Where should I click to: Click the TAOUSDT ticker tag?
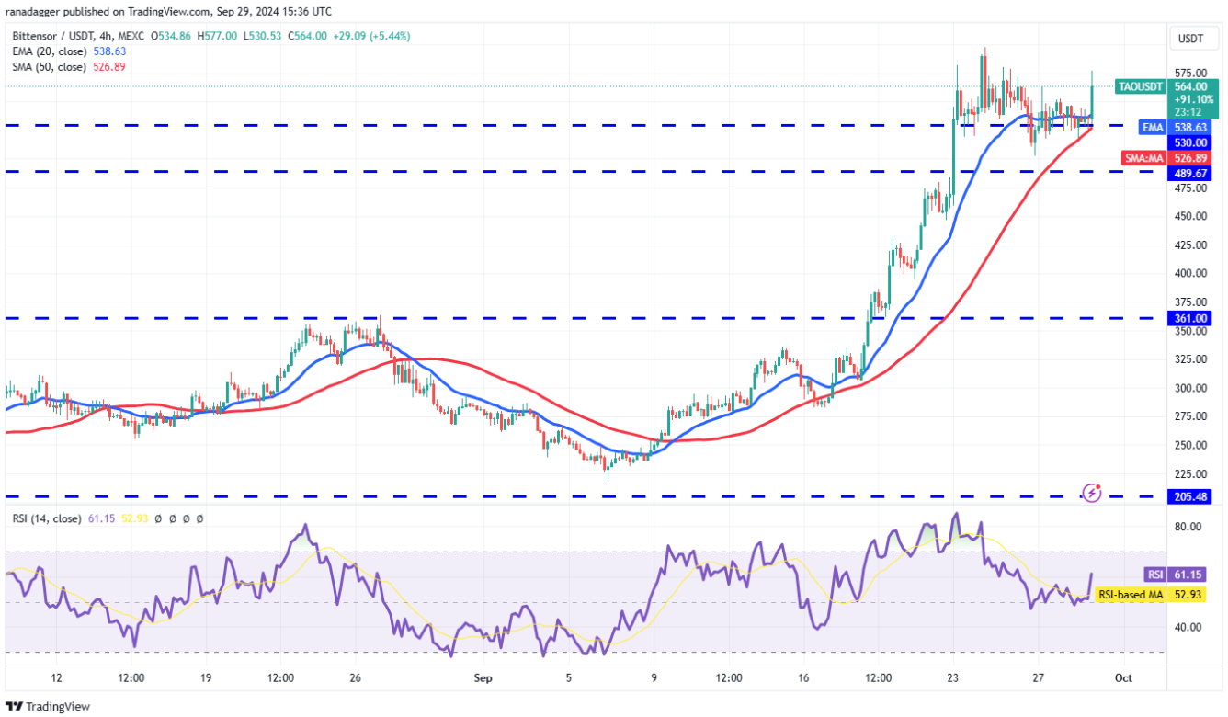pos(1141,86)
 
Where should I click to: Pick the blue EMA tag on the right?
pos(1153,128)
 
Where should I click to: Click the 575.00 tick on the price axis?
pos(1190,73)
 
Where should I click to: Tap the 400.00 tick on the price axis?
pos(1190,273)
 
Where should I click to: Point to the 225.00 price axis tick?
pos(1190,473)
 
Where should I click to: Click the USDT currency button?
pos(1191,39)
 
